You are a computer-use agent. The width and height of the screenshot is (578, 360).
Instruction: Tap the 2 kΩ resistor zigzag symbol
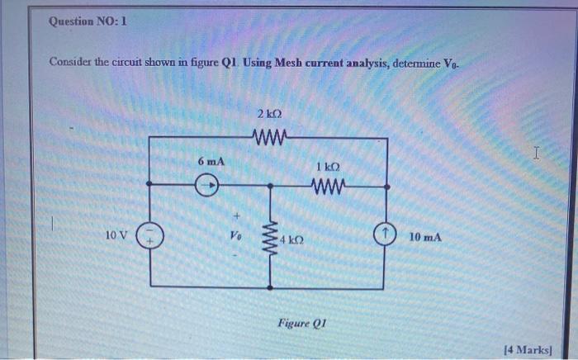point(270,136)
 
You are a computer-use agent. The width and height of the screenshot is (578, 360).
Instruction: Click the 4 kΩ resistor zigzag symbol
point(269,239)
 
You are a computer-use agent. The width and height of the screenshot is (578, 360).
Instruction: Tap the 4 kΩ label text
point(291,239)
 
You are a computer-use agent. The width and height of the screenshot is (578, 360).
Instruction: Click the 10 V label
point(116,236)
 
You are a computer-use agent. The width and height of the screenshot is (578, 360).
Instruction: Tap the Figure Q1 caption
point(300,322)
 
